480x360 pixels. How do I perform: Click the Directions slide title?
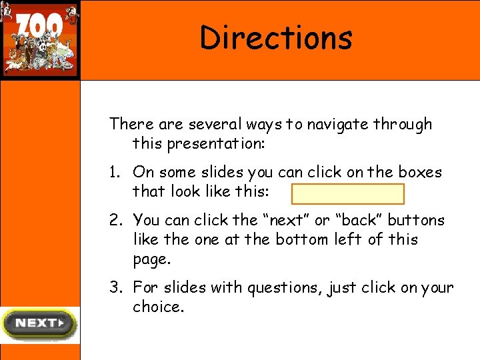tap(276, 38)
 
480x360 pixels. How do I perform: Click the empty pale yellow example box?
tap(347, 194)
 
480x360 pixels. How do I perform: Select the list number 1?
tap(115, 173)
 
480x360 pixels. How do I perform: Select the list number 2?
tap(115, 221)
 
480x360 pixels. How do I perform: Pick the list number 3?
tap(115, 288)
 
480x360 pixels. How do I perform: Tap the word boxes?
tap(417, 172)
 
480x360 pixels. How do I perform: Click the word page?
tap(151, 259)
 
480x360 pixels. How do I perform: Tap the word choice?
tap(157, 307)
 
